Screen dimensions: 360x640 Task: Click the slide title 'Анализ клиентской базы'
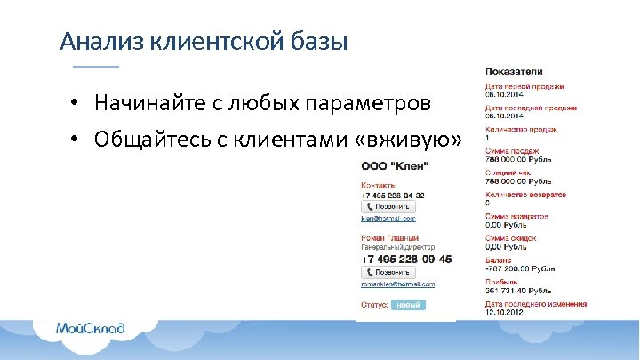(x=203, y=42)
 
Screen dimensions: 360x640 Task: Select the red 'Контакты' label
(x=377, y=184)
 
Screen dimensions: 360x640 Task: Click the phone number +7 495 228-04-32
(x=392, y=195)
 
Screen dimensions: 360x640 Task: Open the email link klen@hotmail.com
(x=388, y=218)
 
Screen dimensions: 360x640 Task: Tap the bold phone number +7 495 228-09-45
(x=405, y=259)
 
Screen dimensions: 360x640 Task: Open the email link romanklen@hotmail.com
(x=397, y=284)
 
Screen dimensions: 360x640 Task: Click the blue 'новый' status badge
(x=408, y=304)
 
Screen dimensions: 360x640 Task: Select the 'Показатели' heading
(x=514, y=71)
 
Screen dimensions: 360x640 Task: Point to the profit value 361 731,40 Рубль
(x=519, y=290)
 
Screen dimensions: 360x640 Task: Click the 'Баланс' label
(x=499, y=259)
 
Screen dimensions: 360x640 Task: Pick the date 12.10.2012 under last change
(x=504, y=311)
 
